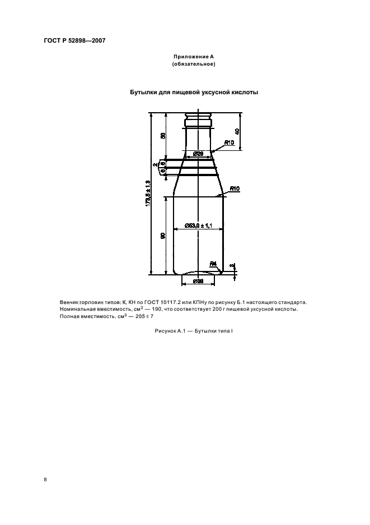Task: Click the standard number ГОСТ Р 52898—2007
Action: click(x=74, y=40)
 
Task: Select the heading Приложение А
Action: click(x=194, y=57)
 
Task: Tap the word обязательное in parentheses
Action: click(x=194, y=64)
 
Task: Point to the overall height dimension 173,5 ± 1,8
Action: click(x=148, y=194)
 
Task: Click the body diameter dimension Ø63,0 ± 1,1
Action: click(x=198, y=225)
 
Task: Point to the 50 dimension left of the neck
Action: click(x=163, y=136)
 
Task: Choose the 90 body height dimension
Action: click(x=163, y=236)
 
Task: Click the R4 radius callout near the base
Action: click(x=213, y=263)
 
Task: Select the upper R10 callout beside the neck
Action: click(x=229, y=142)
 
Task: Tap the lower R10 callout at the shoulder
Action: click(x=234, y=190)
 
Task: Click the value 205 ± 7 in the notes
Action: click(x=134, y=316)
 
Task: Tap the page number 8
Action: click(x=45, y=480)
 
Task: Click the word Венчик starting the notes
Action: click(x=69, y=302)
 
